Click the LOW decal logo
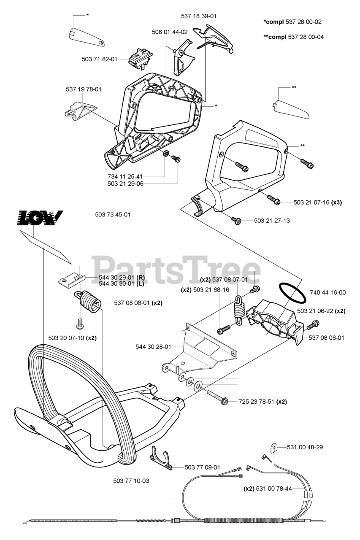tap(41, 218)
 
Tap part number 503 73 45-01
tap(112, 215)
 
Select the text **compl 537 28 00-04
tap(293, 37)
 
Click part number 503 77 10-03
tap(131, 481)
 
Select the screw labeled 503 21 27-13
tap(236, 219)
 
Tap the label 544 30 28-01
tap(153, 347)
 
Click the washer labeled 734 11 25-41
tap(166, 153)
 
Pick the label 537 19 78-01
tap(84, 89)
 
